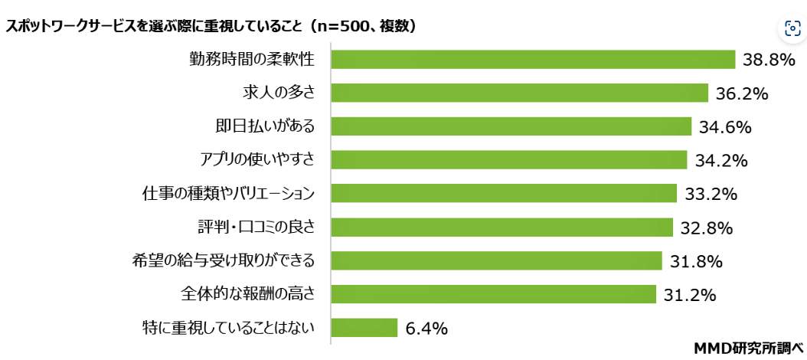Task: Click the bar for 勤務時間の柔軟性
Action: tap(533, 60)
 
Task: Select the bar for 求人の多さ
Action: tap(519, 93)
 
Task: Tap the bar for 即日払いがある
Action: tap(511, 126)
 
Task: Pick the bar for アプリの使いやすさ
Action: tap(508, 160)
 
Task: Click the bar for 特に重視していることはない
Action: tap(364, 328)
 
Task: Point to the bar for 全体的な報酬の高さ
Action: tap(493, 294)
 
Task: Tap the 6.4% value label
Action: tap(426, 329)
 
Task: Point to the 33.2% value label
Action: tap(711, 194)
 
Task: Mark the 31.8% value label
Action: tap(696, 261)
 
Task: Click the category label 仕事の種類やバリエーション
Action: tap(229, 194)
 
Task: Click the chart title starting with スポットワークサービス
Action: tap(211, 26)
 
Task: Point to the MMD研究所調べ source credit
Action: tap(748, 349)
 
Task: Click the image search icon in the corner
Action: tap(792, 29)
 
